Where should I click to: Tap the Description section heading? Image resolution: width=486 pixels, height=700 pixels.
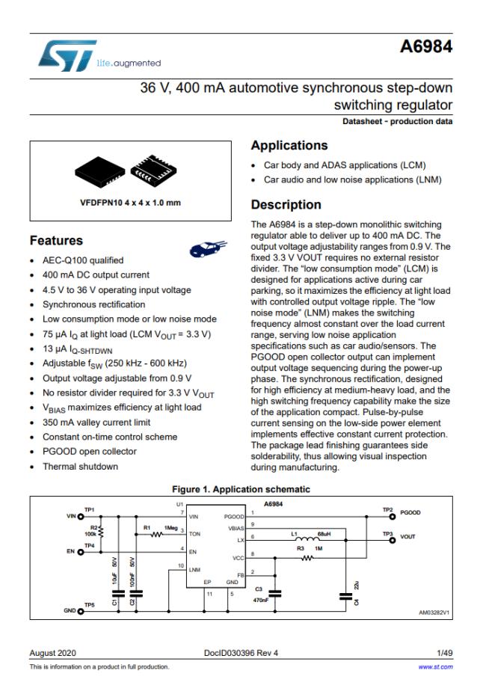(286, 204)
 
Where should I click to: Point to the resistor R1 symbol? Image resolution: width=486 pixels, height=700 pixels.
(157, 535)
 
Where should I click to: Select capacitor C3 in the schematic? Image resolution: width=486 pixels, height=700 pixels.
(274, 593)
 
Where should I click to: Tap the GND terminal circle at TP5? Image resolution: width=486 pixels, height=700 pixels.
(74, 609)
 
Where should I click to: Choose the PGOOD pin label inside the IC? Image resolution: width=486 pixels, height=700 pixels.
(233, 516)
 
